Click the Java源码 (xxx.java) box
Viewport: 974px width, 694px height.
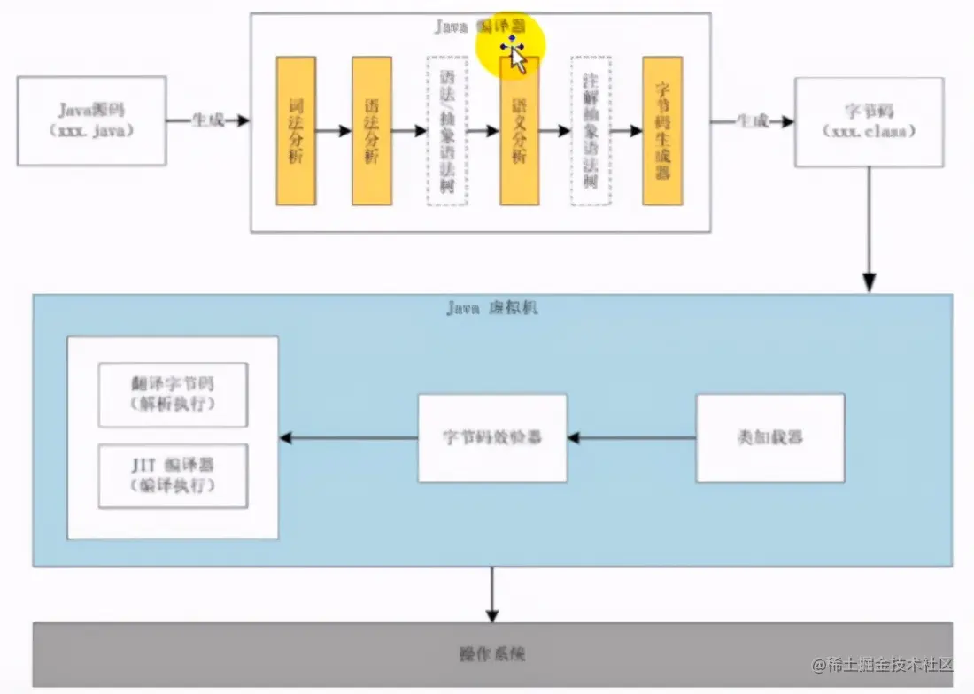[x=91, y=120]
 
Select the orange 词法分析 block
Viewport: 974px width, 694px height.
[x=296, y=131]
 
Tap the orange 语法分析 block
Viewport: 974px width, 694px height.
[x=372, y=131]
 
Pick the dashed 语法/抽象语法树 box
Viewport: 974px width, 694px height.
[x=447, y=131]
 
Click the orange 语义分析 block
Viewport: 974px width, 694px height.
[x=520, y=131]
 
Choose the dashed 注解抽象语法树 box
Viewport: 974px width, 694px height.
[x=591, y=131]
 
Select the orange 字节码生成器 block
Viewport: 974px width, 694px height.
[x=662, y=131]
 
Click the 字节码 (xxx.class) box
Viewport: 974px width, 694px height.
[x=869, y=121]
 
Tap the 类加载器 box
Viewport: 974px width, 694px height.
[x=769, y=438]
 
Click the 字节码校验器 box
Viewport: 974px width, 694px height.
[x=492, y=438]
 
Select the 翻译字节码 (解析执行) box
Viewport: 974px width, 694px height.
[x=173, y=394]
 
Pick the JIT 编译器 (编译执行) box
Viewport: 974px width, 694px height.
[x=173, y=475]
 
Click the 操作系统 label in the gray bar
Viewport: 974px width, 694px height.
[x=492, y=655]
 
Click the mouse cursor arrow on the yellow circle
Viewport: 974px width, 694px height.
[x=518, y=60]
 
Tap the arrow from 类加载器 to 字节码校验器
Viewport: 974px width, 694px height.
[x=631, y=437]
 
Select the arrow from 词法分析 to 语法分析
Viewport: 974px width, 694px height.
[x=334, y=131]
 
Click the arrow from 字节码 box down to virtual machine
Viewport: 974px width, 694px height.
[x=869, y=230]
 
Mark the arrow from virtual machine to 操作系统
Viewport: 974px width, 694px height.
[x=492, y=594]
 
